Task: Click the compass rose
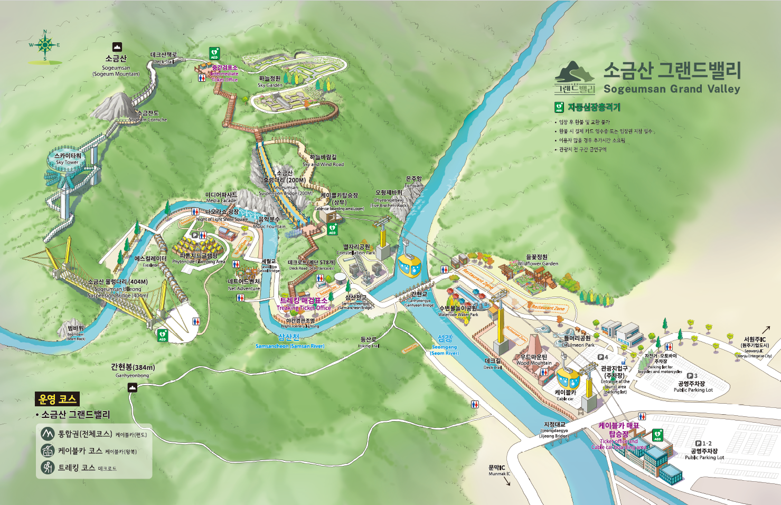45,45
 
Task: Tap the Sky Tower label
68,159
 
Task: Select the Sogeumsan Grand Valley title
672,78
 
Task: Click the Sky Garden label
270,82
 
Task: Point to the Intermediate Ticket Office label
224,73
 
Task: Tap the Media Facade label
221,197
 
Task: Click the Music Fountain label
269,223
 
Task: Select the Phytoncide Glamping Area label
199,259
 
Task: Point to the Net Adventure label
244,285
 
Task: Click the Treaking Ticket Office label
304,304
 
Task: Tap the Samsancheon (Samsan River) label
289,341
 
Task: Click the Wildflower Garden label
537,260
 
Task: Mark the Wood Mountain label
534,360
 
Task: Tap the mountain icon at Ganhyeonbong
132,388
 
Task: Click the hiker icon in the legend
48,468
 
